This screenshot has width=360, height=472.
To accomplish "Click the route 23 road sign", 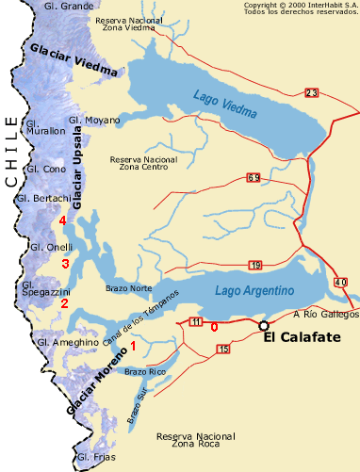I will [x=311, y=91].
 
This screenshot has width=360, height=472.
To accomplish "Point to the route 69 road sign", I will [x=254, y=177].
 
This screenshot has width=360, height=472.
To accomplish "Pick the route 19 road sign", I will [x=255, y=265].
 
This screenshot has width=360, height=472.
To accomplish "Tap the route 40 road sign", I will [x=340, y=282].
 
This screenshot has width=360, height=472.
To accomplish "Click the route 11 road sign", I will [x=195, y=322].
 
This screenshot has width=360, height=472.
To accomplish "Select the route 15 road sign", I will [x=222, y=350].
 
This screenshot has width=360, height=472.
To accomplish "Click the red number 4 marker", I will [x=62, y=220].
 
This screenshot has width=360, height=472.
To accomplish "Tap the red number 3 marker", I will [x=65, y=264].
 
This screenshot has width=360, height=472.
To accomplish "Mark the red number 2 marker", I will [x=64, y=303].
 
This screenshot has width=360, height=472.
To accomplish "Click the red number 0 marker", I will [x=214, y=326].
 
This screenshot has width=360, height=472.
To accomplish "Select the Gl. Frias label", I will [x=95, y=458].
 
